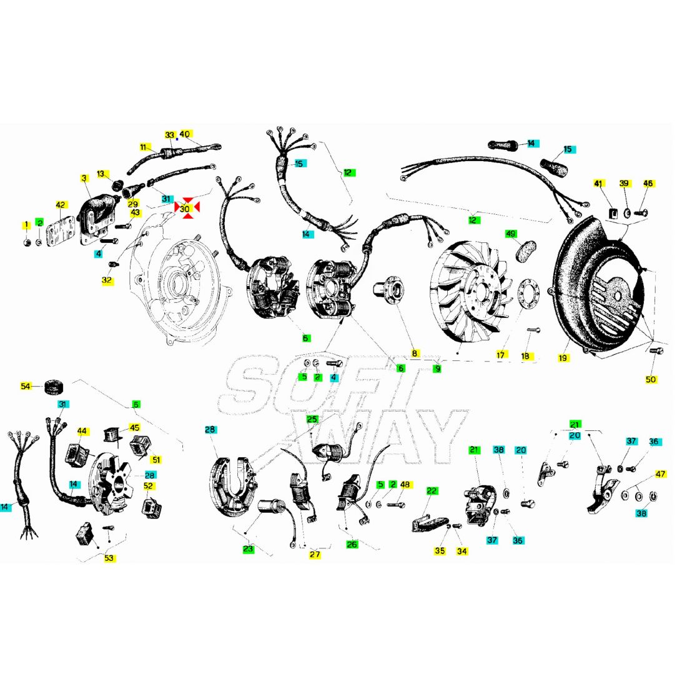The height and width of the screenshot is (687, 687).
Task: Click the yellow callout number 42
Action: [x=61, y=205]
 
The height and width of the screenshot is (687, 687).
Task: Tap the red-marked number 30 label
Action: [x=185, y=209]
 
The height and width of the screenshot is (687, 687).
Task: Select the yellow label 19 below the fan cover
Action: [x=563, y=358]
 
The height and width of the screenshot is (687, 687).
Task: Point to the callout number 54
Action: [x=26, y=386]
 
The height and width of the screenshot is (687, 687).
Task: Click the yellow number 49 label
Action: [x=511, y=234]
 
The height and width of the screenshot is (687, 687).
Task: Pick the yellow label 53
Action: [x=109, y=558]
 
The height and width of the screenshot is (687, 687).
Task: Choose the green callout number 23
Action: [x=249, y=549]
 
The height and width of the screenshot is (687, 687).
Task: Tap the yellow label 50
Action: [x=651, y=379]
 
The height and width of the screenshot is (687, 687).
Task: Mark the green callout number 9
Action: [x=437, y=368]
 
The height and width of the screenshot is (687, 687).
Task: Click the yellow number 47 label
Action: [x=660, y=473]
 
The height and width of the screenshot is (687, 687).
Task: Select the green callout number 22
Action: [x=432, y=491]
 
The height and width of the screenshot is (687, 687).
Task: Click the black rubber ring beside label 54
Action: [x=54, y=387]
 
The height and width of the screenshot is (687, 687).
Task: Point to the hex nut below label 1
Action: [x=26, y=242]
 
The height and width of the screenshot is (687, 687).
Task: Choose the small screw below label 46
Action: [x=641, y=213]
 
